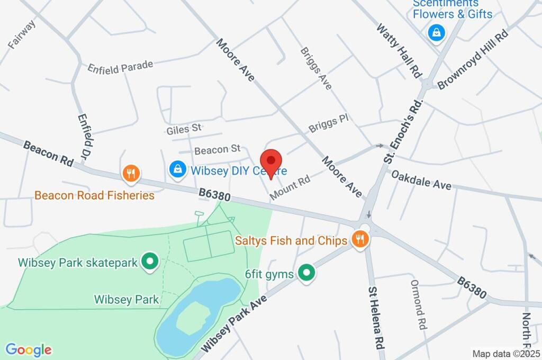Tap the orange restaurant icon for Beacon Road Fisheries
(x=131, y=173)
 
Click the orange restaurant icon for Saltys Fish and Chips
(x=361, y=239)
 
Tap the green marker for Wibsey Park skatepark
(x=150, y=261)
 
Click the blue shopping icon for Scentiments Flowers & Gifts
(x=436, y=33)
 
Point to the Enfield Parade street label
(x=120, y=67)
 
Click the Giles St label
(x=184, y=128)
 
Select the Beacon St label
(x=218, y=150)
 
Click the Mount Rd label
(x=290, y=188)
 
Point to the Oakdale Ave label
(x=421, y=179)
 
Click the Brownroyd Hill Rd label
(x=473, y=59)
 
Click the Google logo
(x=29, y=350)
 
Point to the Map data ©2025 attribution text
(x=505, y=353)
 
